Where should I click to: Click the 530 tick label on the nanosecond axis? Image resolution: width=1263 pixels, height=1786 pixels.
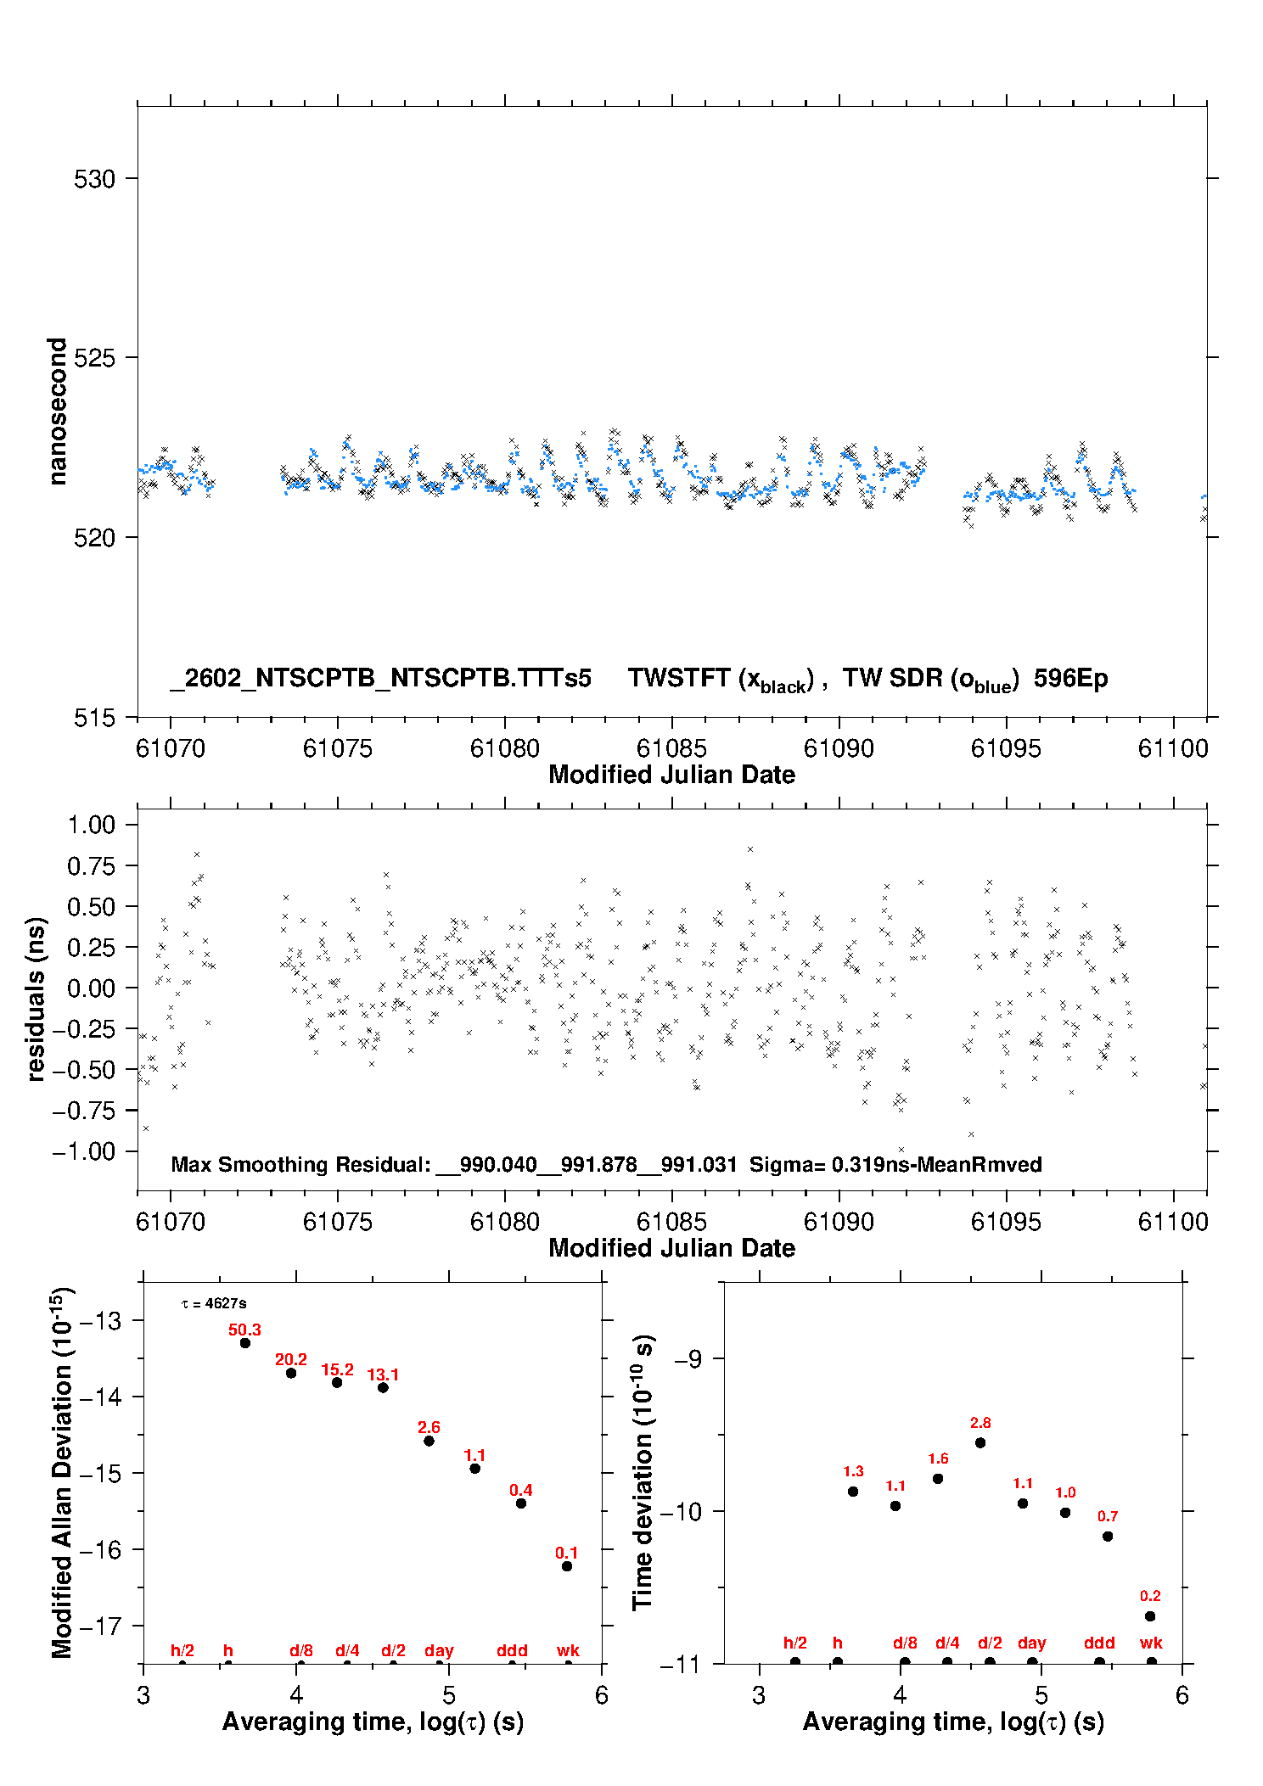pos(94,179)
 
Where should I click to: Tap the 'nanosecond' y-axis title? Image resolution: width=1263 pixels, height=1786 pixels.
pos(57,412)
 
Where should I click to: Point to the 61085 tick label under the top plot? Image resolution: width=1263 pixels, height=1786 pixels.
pos(671,748)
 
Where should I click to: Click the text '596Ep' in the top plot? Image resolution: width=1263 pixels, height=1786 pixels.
pos(1070,678)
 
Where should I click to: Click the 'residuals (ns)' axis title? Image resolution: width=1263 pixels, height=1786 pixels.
pos(36,999)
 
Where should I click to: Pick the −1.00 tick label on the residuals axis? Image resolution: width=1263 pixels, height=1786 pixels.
pos(83,1151)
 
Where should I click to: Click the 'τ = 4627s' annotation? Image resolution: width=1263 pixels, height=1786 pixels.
pos(214,1303)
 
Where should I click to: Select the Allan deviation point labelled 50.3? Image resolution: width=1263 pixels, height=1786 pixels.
pos(245,1343)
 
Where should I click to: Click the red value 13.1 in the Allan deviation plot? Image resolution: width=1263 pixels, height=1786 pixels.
pos(383,1374)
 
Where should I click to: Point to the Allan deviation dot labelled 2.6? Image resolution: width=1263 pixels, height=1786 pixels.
pos(429,1441)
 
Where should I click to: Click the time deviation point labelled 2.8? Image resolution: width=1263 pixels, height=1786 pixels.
pos(980,1442)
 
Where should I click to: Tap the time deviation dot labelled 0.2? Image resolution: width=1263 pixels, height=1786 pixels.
pos(1150,1616)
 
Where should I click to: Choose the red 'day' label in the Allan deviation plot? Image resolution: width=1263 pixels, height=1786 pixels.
pos(439,1650)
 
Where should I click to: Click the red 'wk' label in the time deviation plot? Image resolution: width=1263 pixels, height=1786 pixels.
pos(1151,1643)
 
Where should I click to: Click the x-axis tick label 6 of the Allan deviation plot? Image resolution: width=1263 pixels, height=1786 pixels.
pos(602,1695)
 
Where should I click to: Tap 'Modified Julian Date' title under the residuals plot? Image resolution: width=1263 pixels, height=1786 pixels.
pos(671,1247)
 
